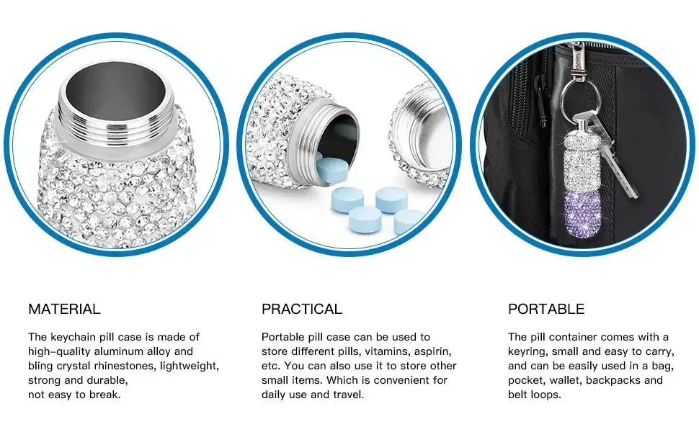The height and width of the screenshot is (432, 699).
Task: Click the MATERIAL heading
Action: click(x=64, y=309)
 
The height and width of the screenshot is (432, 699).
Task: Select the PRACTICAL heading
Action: click(x=302, y=309)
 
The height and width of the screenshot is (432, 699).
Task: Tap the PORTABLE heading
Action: click(x=546, y=309)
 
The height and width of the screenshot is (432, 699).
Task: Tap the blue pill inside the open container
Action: click(x=332, y=170)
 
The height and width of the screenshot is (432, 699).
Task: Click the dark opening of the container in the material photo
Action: click(x=116, y=94)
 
